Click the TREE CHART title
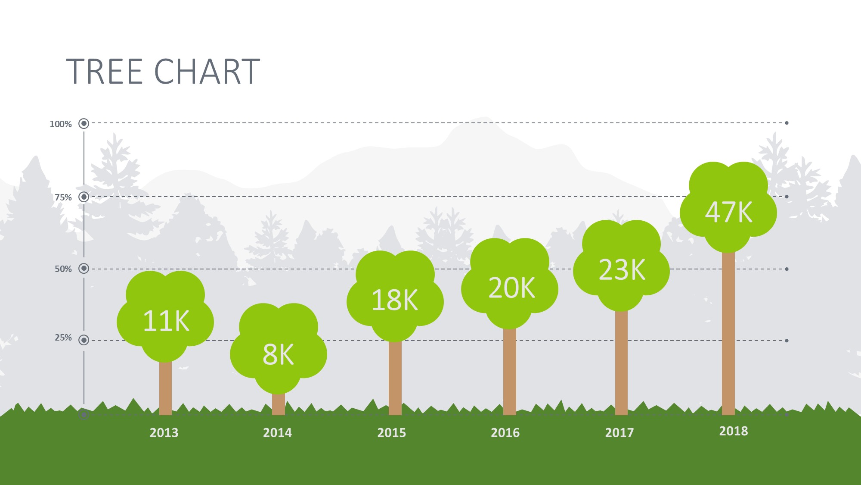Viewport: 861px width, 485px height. (x=163, y=72)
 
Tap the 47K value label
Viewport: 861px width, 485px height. (x=728, y=212)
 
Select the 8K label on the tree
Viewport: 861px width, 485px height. (x=278, y=355)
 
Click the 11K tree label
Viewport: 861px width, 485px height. (x=166, y=321)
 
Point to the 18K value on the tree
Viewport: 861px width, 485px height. (x=394, y=300)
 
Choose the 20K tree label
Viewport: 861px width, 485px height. (x=511, y=288)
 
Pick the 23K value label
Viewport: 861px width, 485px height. (x=622, y=270)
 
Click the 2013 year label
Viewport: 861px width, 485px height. (x=164, y=432)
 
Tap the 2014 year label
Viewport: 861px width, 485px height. (x=278, y=432)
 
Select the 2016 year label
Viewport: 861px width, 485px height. (x=505, y=432)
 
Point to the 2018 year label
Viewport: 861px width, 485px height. (x=734, y=431)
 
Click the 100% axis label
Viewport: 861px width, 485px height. (x=61, y=124)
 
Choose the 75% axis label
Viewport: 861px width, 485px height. (x=63, y=197)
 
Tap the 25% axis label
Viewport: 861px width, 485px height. (x=63, y=338)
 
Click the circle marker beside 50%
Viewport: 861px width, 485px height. (x=84, y=269)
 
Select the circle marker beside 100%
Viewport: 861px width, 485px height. (x=84, y=124)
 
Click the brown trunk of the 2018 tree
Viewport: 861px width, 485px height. (x=728, y=334)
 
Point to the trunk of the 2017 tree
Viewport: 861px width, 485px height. (x=621, y=363)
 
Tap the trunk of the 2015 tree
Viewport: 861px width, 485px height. (x=395, y=379)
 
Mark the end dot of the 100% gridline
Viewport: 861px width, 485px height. (x=787, y=123)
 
